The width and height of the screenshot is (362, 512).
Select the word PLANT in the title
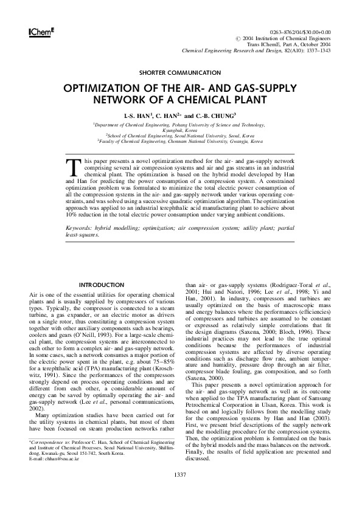coord(246,99)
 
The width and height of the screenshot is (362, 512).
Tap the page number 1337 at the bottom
coord(181,474)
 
